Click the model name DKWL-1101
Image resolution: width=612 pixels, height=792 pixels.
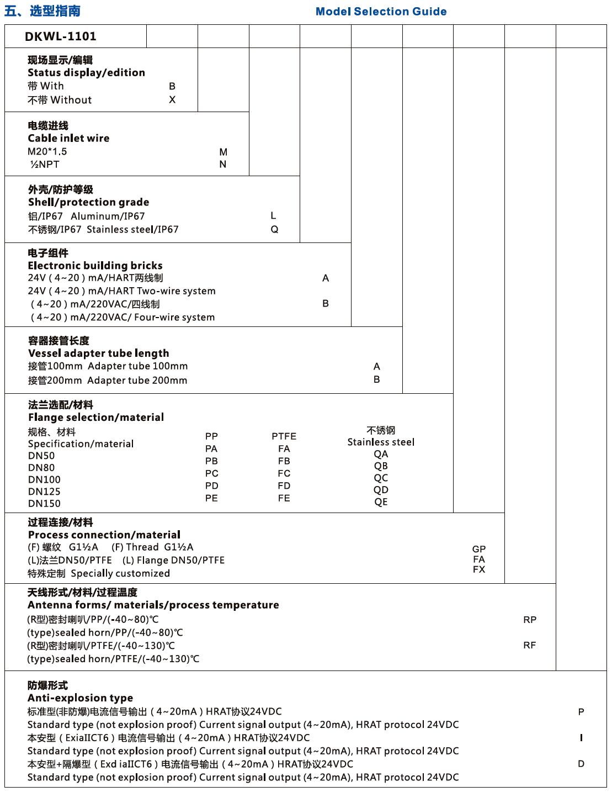[61, 36]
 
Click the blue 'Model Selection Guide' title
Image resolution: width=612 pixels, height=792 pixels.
[381, 12]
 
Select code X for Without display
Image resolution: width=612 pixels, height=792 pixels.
[172, 100]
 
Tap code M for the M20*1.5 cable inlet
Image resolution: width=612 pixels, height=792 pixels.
[223, 152]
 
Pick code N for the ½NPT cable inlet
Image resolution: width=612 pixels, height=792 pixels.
[223, 164]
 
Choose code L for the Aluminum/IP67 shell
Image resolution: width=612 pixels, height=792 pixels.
[273, 216]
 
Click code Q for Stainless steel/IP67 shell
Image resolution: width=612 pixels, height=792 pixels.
[274, 229]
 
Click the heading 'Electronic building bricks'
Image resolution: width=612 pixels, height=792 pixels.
[95, 266]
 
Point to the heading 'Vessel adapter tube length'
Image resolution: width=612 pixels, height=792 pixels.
[99, 353]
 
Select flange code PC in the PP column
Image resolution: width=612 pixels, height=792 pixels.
[211, 473]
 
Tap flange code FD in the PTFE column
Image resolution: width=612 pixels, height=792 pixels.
[284, 486]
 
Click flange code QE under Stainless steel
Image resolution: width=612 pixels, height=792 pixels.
[381, 502]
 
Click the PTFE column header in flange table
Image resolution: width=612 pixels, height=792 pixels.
[284, 436]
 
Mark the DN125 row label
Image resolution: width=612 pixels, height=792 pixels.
[44, 492]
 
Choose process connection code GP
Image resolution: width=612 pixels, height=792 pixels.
[479, 549]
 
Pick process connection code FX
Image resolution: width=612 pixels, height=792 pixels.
[479, 569]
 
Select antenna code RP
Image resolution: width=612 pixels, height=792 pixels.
[530, 620]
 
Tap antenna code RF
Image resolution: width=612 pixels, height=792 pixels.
[530, 645]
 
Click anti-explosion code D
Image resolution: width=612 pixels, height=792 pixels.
[581, 764]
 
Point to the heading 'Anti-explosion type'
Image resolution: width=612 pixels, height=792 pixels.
[81, 698]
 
